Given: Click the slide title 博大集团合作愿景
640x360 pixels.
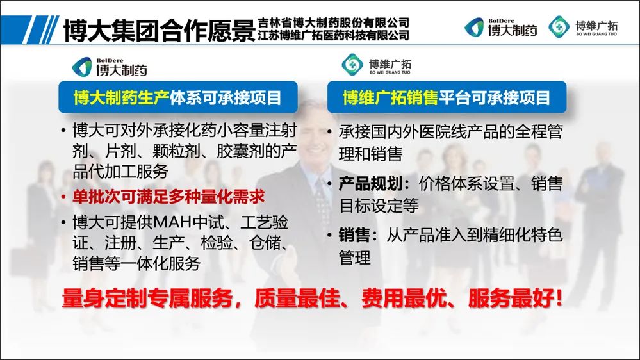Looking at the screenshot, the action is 159,29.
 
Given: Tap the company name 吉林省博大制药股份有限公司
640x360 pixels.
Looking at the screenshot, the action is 333,22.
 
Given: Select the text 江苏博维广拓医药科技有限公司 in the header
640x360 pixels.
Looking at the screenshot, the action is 333,35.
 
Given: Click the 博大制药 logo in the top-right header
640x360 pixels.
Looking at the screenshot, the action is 501,28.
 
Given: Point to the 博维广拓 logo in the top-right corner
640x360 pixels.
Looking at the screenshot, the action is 583,27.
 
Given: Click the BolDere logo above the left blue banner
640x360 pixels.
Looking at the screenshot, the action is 110,67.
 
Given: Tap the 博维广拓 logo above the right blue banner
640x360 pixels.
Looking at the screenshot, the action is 376,65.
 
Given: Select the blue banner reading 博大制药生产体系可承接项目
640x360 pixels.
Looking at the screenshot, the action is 178,97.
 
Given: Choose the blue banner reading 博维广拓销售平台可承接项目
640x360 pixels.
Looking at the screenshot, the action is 447,97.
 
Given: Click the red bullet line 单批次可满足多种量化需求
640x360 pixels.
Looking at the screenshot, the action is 168,197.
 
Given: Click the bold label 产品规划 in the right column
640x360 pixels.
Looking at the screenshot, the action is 371,184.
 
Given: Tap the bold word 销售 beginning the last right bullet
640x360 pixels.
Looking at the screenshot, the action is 354,235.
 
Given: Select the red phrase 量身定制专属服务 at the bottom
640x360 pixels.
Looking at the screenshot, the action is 147,299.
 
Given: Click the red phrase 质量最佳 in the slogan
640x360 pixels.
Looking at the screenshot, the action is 297,299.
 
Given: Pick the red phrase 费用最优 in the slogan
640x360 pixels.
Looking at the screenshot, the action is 404,299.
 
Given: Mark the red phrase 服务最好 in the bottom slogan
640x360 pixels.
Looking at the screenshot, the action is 511,299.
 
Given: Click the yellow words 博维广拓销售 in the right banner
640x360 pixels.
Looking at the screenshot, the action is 390,97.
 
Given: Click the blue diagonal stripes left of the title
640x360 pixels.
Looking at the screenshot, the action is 40,29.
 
